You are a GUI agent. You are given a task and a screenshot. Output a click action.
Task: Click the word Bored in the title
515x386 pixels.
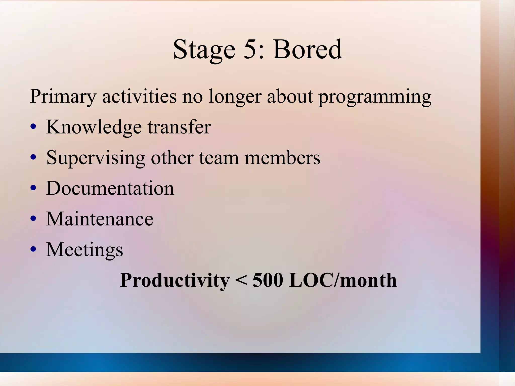pyautogui.click(x=307, y=49)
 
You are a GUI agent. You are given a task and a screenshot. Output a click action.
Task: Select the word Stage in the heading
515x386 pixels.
pyautogui.click(x=204, y=50)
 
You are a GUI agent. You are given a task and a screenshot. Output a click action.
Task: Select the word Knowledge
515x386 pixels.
pyautogui.click(x=94, y=127)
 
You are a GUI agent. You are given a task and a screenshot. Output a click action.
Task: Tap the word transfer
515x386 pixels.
pyautogui.click(x=179, y=127)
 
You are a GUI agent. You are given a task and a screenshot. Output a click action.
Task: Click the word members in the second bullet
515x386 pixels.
pyautogui.click(x=282, y=158)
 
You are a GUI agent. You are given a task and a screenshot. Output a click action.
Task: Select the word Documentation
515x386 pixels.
pyautogui.click(x=110, y=188)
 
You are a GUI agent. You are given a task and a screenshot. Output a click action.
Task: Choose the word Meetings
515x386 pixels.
pyautogui.click(x=84, y=250)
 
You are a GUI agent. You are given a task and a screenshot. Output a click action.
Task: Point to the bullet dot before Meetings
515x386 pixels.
pyautogui.click(x=33, y=249)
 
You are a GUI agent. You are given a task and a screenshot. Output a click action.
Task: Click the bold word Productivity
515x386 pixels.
pyautogui.click(x=175, y=281)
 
